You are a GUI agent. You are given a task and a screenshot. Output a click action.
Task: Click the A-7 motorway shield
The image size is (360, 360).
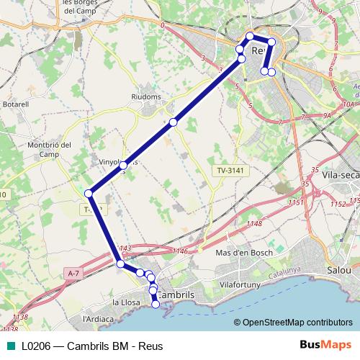click(73, 274)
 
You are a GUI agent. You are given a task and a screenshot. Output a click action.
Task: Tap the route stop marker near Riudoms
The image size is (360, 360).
click(173, 122)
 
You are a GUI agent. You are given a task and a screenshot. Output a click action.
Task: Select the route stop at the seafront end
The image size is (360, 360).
click(155, 304)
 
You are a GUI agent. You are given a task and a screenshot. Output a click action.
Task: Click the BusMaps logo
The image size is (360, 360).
click(325, 345)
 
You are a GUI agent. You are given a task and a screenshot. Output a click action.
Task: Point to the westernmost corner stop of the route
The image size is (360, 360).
click(89, 193)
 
